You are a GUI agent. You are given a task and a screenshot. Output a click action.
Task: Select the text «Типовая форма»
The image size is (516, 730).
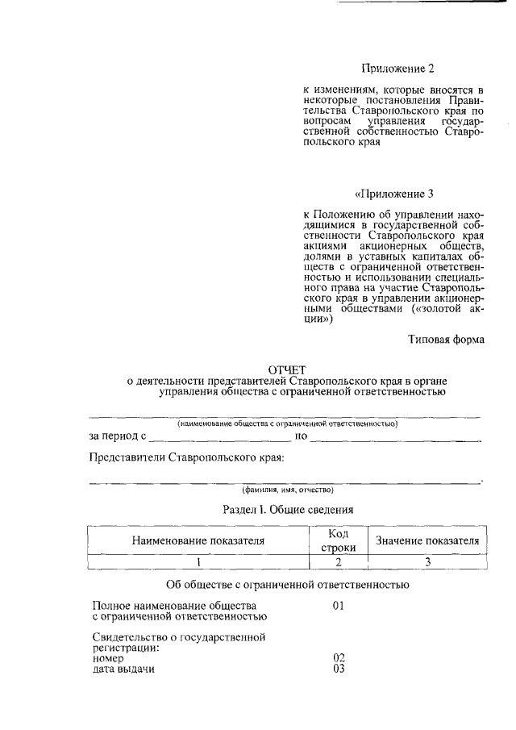point(445,340)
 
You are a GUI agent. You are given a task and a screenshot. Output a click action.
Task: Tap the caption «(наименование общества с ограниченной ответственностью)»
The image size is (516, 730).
point(287,423)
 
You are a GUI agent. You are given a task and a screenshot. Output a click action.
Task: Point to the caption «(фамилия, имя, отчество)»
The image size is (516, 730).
point(287,490)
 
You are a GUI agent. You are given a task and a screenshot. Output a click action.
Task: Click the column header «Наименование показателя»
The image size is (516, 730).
point(198,540)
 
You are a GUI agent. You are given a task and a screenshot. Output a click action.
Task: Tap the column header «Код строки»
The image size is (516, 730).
point(338,540)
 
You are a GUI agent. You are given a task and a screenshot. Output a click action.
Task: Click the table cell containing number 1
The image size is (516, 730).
point(198,561)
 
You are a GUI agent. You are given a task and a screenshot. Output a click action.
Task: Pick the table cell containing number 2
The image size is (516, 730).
point(338,561)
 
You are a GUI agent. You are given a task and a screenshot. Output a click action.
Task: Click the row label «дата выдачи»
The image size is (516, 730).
point(123,670)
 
